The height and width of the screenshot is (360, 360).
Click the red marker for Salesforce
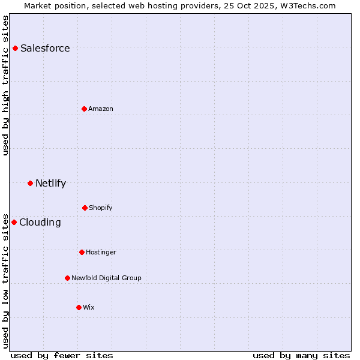point(16,48)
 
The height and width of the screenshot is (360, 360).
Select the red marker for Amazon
point(84,109)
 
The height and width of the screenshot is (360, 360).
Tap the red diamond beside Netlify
point(30,183)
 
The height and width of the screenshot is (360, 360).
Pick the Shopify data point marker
point(85,208)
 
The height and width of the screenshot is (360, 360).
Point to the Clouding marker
point(14,222)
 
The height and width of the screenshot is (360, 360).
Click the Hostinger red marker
point(82,252)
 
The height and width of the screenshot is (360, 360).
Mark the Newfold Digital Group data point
point(67,278)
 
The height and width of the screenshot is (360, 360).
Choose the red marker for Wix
point(79,307)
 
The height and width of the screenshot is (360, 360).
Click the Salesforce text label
point(45,49)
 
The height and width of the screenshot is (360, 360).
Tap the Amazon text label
point(101,109)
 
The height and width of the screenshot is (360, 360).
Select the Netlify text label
point(50,184)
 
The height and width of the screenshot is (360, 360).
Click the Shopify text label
point(101,208)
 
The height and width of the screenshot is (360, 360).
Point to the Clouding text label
point(40,223)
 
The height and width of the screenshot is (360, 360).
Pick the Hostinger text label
point(101,252)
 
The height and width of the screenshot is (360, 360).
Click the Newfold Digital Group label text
point(106,278)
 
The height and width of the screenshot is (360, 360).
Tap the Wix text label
point(89,307)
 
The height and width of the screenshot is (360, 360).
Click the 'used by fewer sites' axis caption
point(62,355)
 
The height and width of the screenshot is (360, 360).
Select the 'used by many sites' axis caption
point(301,355)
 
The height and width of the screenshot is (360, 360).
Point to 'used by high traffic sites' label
point(5,85)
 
